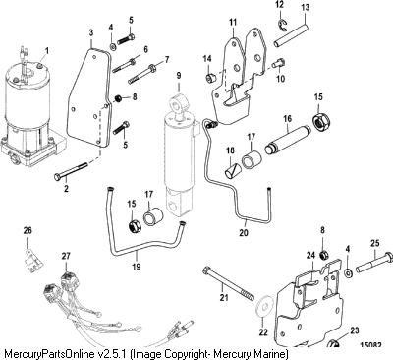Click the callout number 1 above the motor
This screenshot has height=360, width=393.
tap(47, 51)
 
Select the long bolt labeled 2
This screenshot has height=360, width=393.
tap(71, 171)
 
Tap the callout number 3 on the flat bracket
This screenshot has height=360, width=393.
tap(91, 32)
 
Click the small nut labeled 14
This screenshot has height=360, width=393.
tap(209, 78)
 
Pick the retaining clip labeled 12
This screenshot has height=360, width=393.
tap(282, 26)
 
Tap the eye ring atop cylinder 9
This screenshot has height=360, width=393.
tap(179, 102)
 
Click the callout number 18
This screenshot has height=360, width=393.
tap(231, 150)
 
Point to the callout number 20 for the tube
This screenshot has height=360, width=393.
tap(244, 232)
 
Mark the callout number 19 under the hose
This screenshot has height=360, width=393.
tap(136, 267)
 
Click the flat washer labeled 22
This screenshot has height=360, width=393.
tap(264, 307)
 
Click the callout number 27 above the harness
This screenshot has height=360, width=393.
tap(66, 256)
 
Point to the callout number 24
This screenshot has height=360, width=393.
tap(310, 255)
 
